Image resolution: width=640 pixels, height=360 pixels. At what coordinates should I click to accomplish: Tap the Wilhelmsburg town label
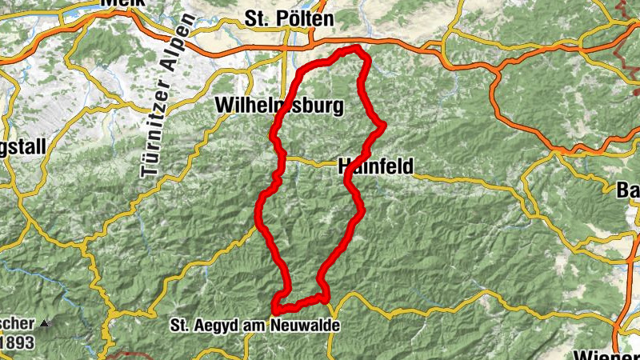point(279,106)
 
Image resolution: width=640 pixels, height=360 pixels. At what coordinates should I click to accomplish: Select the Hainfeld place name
point(375,166)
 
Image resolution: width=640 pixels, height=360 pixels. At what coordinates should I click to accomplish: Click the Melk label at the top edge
point(122,3)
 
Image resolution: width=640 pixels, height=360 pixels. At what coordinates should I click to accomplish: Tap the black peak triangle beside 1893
point(45,322)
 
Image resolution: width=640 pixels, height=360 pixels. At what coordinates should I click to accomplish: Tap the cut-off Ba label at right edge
point(629,190)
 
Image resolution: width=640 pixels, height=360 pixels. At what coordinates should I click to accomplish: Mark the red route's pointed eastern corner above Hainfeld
point(385,124)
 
